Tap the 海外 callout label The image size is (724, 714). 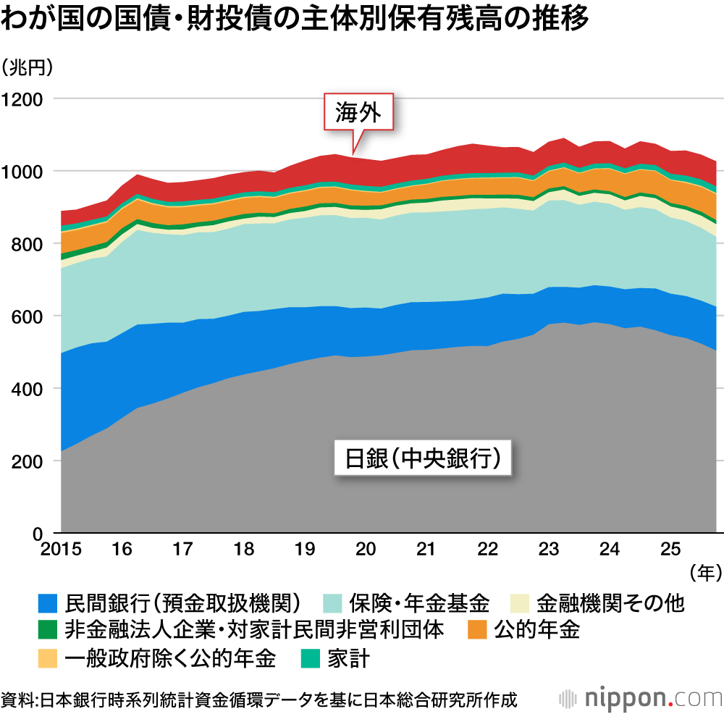pos(358,112)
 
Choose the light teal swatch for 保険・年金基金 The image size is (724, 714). pos(332,602)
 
